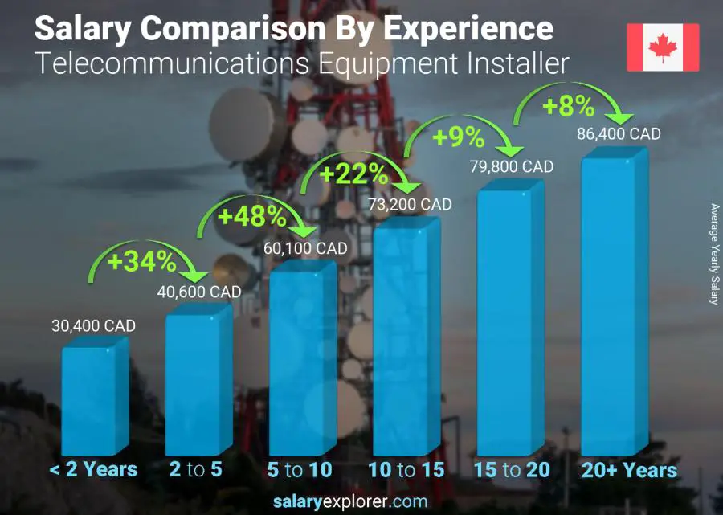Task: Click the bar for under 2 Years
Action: (91, 398)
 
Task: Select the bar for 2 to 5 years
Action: (194, 382)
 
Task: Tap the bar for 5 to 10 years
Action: (298, 362)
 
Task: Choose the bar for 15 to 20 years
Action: (505, 321)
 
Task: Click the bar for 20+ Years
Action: (609, 305)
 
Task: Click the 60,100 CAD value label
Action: (306, 248)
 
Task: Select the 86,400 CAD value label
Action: (619, 133)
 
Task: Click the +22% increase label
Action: (354, 174)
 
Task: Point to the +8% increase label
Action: (567, 106)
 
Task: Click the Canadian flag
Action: (663, 47)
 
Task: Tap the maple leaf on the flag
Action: (663, 47)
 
